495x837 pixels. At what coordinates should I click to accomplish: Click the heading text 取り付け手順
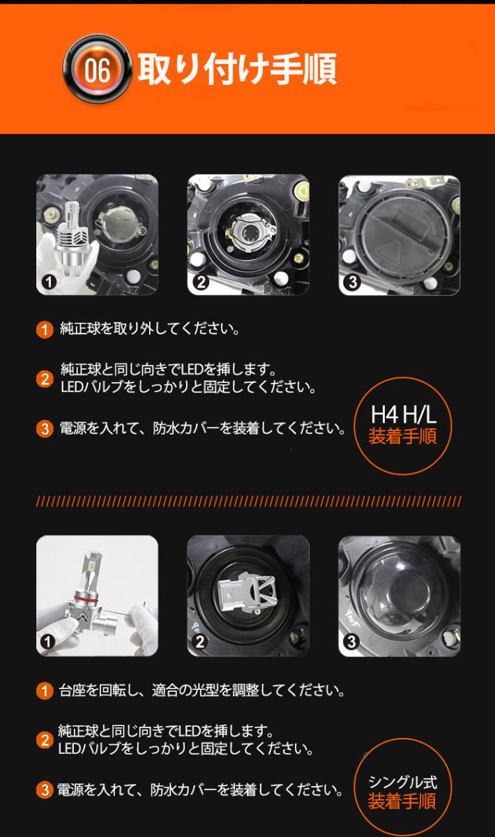(237, 70)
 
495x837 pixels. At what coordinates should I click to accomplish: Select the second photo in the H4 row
(248, 234)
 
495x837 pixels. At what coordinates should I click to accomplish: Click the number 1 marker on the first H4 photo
(48, 282)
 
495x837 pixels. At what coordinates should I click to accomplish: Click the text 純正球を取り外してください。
(150, 329)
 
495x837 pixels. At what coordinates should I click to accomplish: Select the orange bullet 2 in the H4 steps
(45, 378)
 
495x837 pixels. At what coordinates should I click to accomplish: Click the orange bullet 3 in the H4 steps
(45, 428)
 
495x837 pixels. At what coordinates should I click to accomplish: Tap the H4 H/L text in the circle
(403, 416)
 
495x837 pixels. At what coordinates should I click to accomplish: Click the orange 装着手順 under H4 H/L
(403, 438)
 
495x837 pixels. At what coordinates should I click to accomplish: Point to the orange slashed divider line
(247, 501)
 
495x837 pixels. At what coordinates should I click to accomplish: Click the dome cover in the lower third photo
(401, 593)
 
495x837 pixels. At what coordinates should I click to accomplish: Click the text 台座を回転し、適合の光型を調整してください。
(202, 691)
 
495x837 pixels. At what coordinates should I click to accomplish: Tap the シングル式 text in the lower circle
(402, 782)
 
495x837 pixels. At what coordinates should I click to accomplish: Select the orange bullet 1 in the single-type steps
(45, 691)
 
